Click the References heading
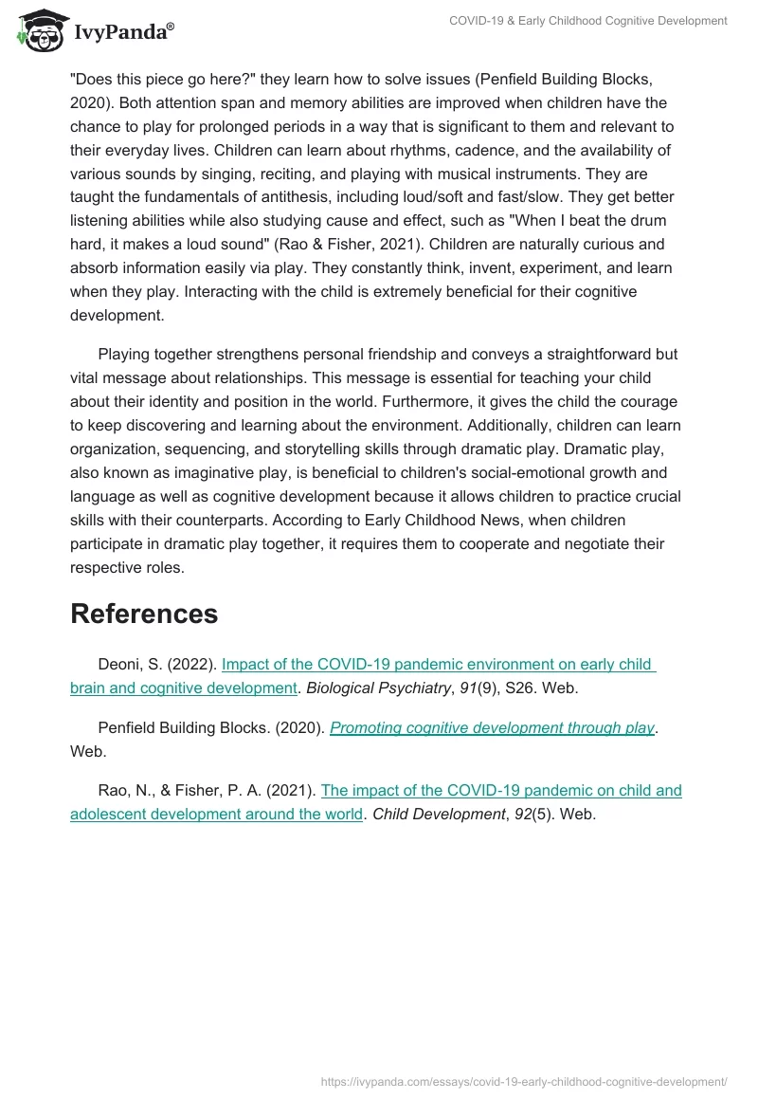144,614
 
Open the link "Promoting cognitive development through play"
492,727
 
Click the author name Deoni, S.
129,665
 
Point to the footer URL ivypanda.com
524,1081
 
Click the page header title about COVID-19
588,20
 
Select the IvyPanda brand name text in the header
123,34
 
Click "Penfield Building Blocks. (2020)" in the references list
211,727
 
